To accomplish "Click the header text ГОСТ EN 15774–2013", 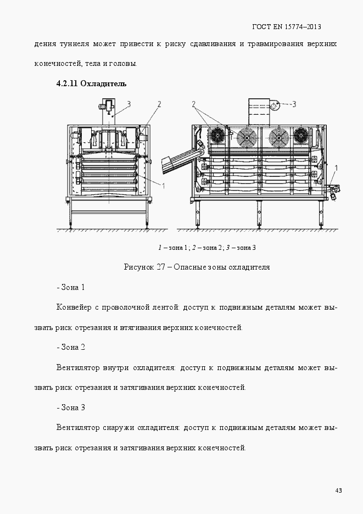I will coord(286,26).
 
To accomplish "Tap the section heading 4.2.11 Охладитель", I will coord(91,83).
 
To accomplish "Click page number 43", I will coord(338,490).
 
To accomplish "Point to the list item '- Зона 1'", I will coord(70,287).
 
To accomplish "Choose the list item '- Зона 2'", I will coord(70,348).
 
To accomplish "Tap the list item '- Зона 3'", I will coord(70,408).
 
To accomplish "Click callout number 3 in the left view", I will coord(129,103).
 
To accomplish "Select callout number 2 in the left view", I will coord(159,103).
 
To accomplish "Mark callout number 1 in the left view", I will coord(163,186).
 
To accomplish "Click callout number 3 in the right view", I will coord(294,103).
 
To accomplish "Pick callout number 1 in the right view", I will coord(336,167).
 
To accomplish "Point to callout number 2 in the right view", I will coord(194,103).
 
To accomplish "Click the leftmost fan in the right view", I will coord(217,135).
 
